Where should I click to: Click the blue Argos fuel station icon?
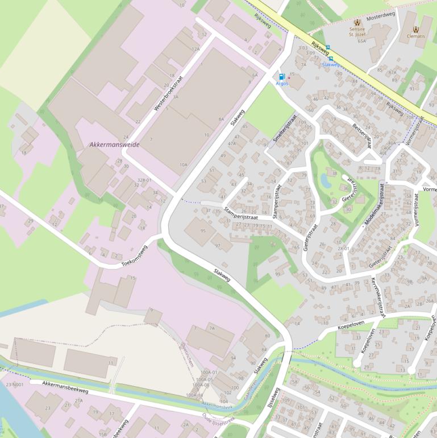tap(281, 76)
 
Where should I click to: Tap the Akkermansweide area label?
tap(114, 144)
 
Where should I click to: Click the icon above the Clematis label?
tap(415, 28)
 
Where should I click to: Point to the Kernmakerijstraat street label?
tap(378, 298)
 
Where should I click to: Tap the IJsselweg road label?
tap(274, 402)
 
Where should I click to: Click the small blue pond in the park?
tap(326, 180)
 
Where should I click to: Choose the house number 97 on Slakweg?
tap(218, 245)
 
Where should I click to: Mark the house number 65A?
tap(361, 41)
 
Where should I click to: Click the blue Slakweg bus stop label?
tap(331, 65)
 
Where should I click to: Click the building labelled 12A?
tap(195, 49)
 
